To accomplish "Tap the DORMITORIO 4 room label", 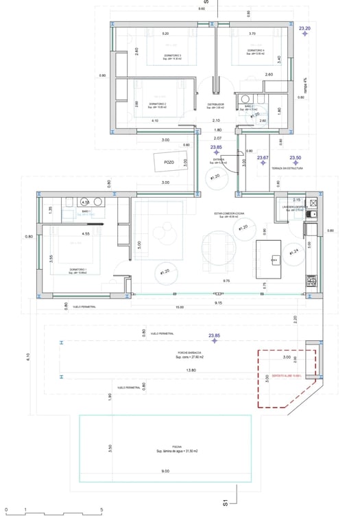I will click(x=255, y=51).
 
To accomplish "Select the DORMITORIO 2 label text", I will click(x=158, y=104).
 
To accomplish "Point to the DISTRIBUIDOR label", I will click(x=217, y=104).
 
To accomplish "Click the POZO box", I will click(x=169, y=163).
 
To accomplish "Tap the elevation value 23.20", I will click(x=304, y=29).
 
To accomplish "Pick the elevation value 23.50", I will click(x=296, y=157).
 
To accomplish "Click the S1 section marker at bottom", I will click(x=226, y=503).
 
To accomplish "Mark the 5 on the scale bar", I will click(x=101, y=510).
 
